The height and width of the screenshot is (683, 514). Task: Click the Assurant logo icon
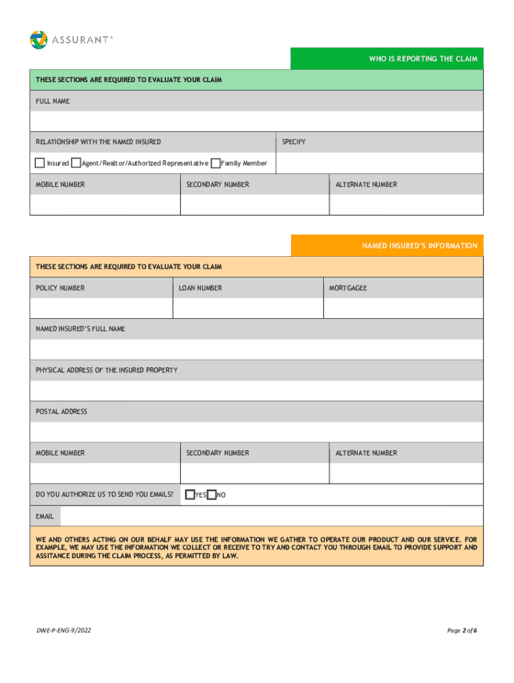point(39,39)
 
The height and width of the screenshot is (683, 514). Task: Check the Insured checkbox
point(40,163)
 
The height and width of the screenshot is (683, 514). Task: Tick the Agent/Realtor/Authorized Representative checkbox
point(76,163)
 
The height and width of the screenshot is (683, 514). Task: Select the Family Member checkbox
point(215,163)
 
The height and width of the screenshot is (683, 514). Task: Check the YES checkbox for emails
point(190,495)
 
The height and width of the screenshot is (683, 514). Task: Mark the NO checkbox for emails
point(212,495)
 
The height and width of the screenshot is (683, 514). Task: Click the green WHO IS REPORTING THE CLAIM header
point(387,59)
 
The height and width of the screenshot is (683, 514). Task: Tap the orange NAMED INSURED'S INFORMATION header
point(387,245)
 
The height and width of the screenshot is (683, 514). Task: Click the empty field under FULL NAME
point(256,121)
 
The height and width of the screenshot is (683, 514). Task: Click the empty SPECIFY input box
point(379,163)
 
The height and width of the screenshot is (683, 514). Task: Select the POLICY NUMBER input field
point(101,308)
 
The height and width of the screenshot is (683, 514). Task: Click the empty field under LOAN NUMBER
point(248,308)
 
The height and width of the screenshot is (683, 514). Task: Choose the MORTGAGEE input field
point(403,308)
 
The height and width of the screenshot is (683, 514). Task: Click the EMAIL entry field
point(271,516)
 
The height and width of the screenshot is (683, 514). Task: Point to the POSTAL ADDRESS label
point(61,412)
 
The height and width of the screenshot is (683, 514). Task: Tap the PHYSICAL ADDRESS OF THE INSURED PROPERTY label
point(107,370)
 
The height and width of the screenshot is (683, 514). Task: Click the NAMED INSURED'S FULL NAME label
point(80,329)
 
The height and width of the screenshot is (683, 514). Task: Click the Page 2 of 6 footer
point(462,630)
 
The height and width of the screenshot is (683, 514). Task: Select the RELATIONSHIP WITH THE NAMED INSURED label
point(98,142)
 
